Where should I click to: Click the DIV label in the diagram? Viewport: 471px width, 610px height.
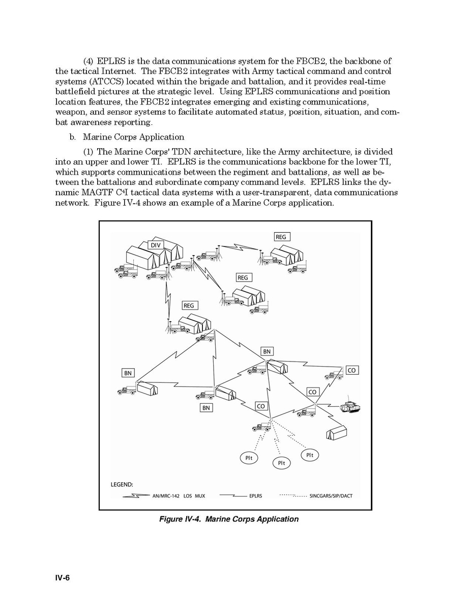(156, 245)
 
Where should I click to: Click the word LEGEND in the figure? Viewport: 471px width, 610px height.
(122, 484)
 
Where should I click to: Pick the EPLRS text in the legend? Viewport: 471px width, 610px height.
(256, 496)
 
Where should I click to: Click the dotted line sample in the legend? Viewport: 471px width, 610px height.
(293, 495)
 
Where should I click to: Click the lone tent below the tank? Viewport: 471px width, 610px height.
(336, 432)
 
